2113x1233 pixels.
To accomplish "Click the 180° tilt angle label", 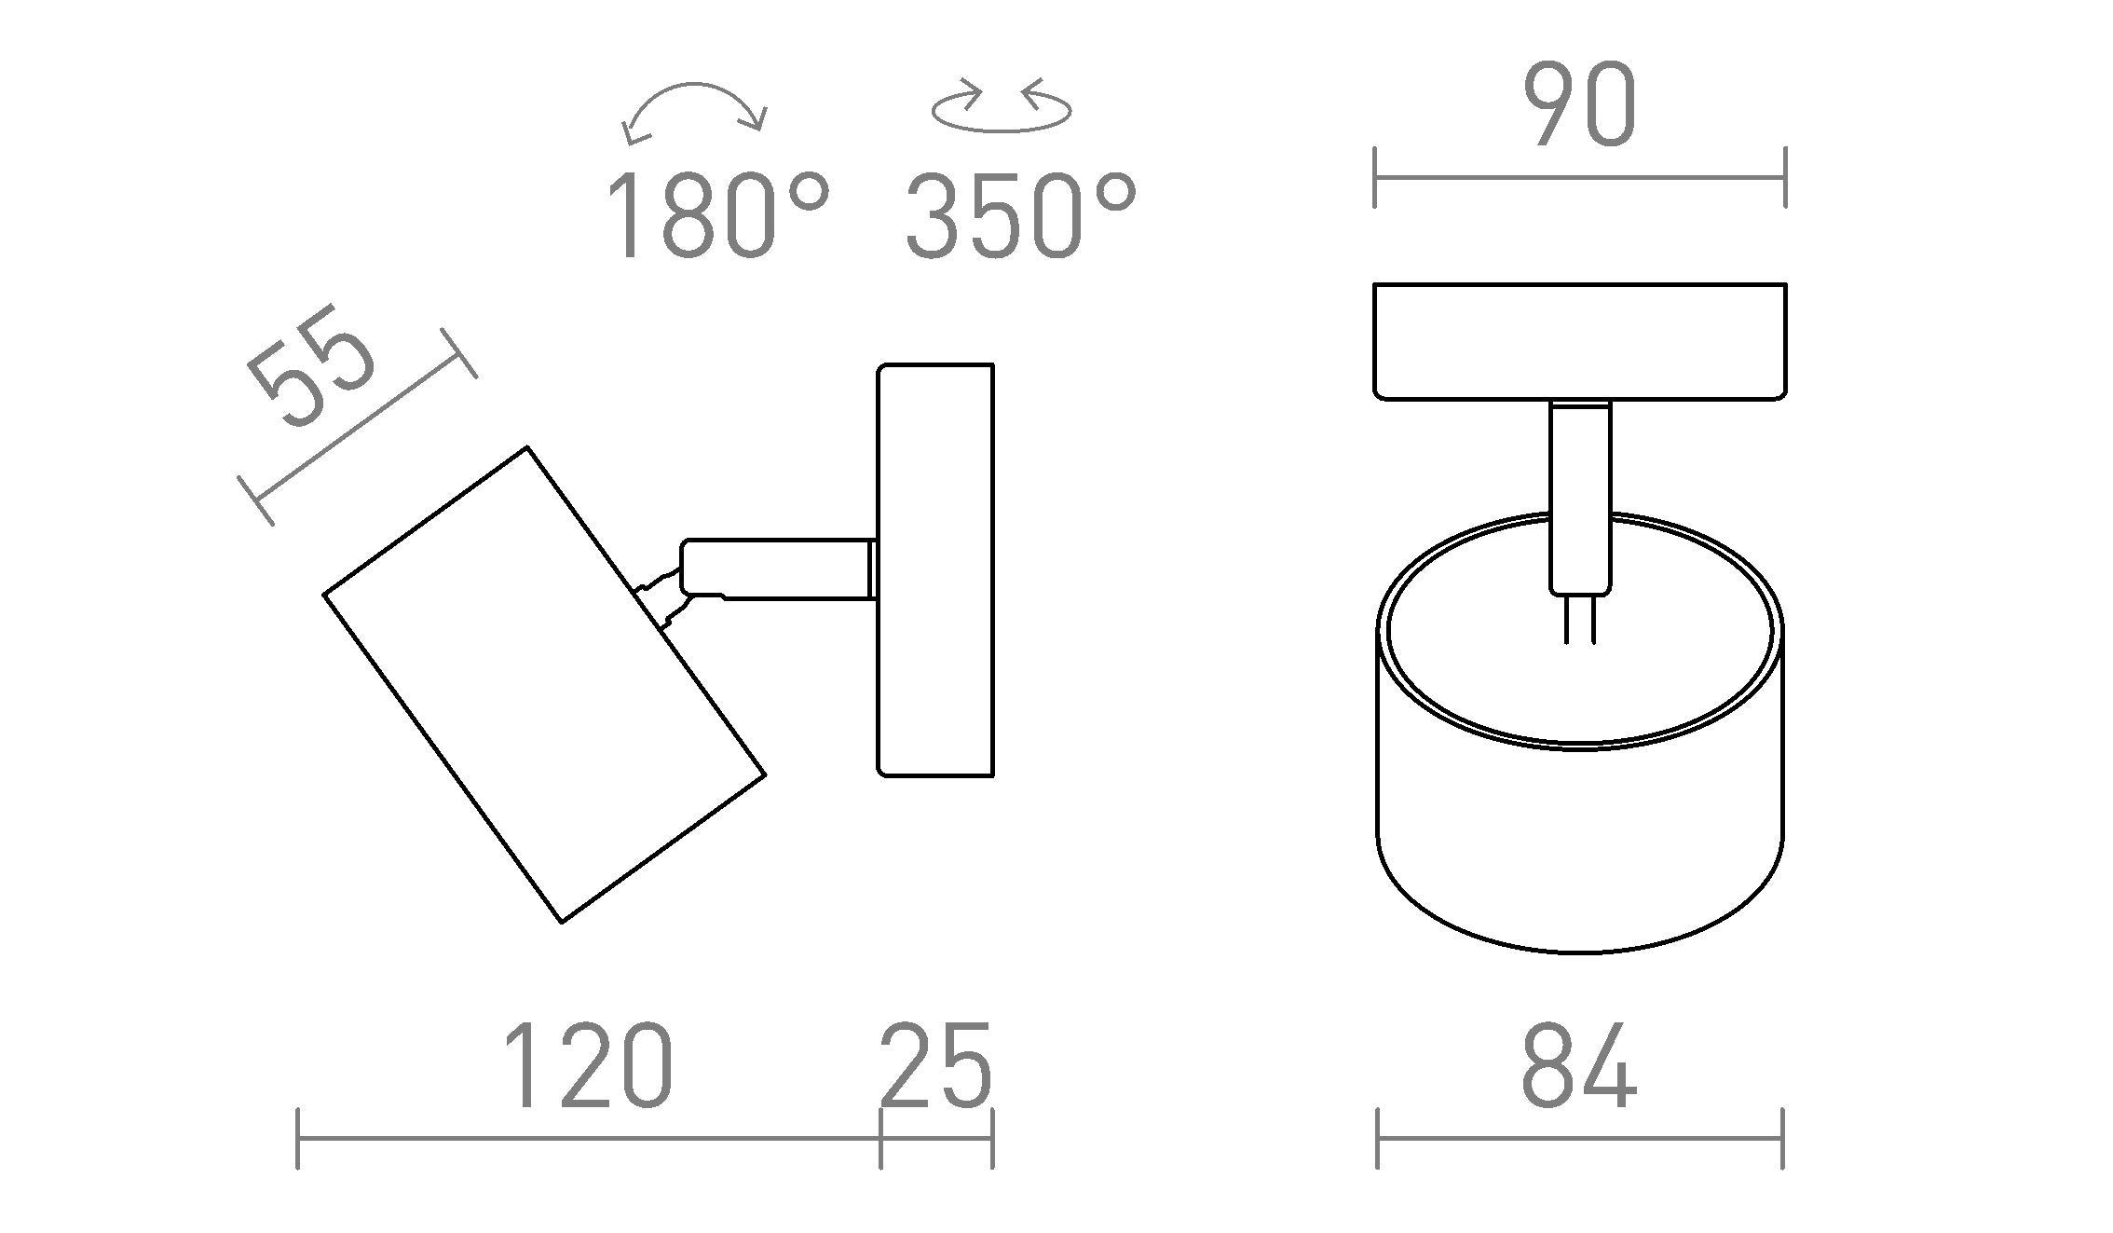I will coord(716,215).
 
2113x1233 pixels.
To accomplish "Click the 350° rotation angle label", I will coord(1020,215).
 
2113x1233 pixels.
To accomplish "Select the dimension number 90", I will coord(1579,105).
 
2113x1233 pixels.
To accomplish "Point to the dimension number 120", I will coord(587,1067).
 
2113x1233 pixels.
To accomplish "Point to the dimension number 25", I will coord(935,1067).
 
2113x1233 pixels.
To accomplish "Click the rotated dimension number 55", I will coord(312,368).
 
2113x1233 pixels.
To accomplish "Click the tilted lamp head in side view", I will coord(545,685).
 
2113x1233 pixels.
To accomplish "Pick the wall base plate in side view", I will coord(935,569).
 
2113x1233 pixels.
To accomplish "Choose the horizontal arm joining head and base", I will coord(778,568).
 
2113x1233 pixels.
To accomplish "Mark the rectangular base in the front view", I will coord(1579,341).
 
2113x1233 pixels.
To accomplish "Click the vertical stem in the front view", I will coord(1579,499).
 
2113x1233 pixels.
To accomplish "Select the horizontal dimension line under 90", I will coord(1579,177).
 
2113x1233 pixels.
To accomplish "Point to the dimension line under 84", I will coord(1579,1138).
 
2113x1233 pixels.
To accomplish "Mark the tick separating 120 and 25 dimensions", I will coord(880,1138).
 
